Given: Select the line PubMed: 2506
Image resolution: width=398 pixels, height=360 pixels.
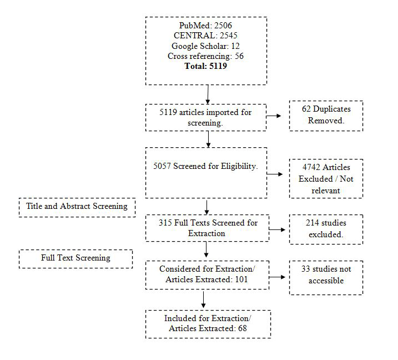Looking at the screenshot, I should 205,26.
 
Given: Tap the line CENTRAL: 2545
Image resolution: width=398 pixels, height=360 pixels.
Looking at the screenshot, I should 205,36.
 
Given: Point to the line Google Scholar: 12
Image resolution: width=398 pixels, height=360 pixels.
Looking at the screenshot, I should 205,46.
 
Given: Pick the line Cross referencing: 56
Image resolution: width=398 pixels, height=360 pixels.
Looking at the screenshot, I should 205,56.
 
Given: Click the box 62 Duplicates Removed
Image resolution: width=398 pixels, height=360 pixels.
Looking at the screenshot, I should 326,116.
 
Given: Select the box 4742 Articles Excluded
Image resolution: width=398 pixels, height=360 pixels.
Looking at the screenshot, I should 326,178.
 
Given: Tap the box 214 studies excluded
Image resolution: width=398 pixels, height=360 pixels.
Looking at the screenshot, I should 326,228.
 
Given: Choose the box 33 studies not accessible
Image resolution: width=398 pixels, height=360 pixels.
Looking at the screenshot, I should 326,274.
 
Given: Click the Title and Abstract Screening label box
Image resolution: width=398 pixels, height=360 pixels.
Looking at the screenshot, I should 77,206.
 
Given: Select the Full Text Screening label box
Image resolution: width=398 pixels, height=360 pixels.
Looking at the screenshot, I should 75,258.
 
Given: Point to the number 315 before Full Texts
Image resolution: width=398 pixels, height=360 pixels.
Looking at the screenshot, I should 159,223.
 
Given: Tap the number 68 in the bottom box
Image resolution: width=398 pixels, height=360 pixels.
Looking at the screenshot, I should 240,328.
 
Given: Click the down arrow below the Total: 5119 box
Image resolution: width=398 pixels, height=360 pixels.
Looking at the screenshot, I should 208,94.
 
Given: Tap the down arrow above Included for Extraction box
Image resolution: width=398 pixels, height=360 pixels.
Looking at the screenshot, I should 204,300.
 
